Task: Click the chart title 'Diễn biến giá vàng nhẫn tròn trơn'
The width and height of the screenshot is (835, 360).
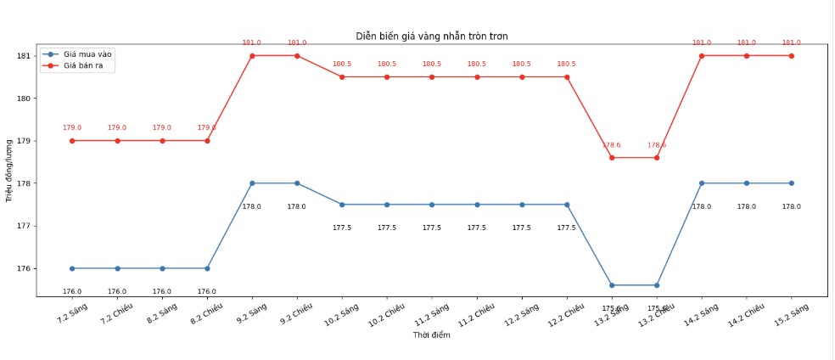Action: click(431, 36)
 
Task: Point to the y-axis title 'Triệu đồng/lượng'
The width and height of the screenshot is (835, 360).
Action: click(9, 170)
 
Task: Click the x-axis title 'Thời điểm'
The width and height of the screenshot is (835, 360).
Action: click(431, 335)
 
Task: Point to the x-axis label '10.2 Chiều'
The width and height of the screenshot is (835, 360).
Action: click(386, 317)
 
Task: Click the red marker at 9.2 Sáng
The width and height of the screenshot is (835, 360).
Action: click(252, 56)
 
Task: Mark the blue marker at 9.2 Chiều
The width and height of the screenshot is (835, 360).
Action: click(297, 183)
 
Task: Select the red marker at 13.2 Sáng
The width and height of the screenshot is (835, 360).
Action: click(612, 158)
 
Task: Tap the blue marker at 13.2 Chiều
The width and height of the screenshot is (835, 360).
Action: click(657, 285)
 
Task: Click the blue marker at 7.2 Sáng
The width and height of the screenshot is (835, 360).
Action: click(72, 268)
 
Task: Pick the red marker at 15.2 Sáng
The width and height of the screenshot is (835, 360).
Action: click(792, 56)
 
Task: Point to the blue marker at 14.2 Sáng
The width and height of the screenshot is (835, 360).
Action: click(702, 183)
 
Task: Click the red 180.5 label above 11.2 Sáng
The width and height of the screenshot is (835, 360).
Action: click(432, 64)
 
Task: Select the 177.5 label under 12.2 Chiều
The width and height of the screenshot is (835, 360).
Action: click(567, 228)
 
